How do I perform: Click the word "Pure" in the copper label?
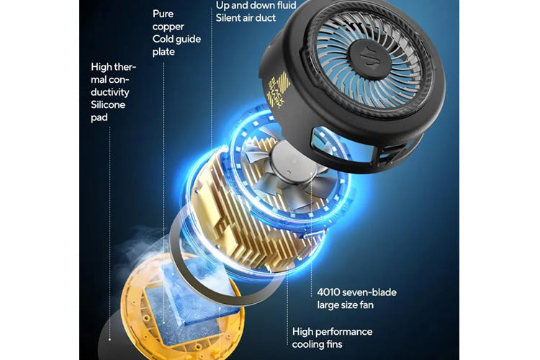click(x=163, y=14)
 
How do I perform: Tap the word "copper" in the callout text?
click(x=168, y=27)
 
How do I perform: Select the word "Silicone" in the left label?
click(x=108, y=104)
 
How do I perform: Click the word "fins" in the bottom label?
click(x=333, y=344)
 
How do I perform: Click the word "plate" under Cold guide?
click(x=163, y=53)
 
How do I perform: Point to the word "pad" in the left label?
click(x=99, y=118)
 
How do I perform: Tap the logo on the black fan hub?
click(x=369, y=58)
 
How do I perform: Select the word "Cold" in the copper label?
click(x=163, y=40)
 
